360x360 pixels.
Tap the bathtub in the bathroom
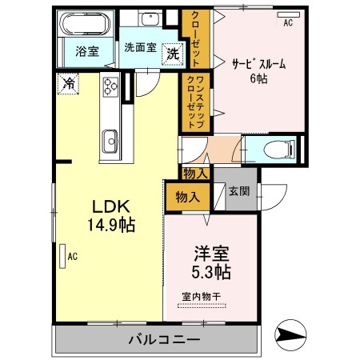82,24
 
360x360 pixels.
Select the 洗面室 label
139,46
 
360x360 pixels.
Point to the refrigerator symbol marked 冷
70,82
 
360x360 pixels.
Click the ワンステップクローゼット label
196,101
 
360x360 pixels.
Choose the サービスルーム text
258,64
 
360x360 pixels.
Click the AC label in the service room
287,23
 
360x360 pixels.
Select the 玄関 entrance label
238,190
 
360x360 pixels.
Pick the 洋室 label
212,255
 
